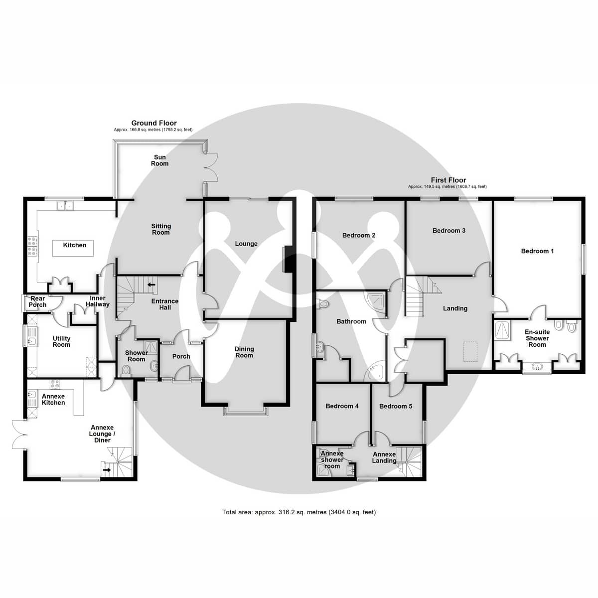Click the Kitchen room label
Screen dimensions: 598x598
(x=74, y=245)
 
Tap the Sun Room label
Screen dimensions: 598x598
(x=159, y=160)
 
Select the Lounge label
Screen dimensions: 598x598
(x=246, y=244)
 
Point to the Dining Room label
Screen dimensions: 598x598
(x=244, y=352)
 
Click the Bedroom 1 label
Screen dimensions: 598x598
(x=537, y=251)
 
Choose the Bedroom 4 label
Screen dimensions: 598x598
(x=342, y=406)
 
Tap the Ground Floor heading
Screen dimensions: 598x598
(x=153, y=123)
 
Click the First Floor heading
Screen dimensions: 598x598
(x=448, y=180)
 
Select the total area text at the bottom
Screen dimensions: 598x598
(x=299, y=512)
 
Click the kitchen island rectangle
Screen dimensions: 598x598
(x=74, y=248)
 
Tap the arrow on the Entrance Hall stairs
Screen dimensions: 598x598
(x=151, y=285)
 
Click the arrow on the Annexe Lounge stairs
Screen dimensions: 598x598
(x=107, y=469)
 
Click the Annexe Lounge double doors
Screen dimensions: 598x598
(x=18, y=435)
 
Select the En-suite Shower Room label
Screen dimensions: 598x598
(x=537, y=338)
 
